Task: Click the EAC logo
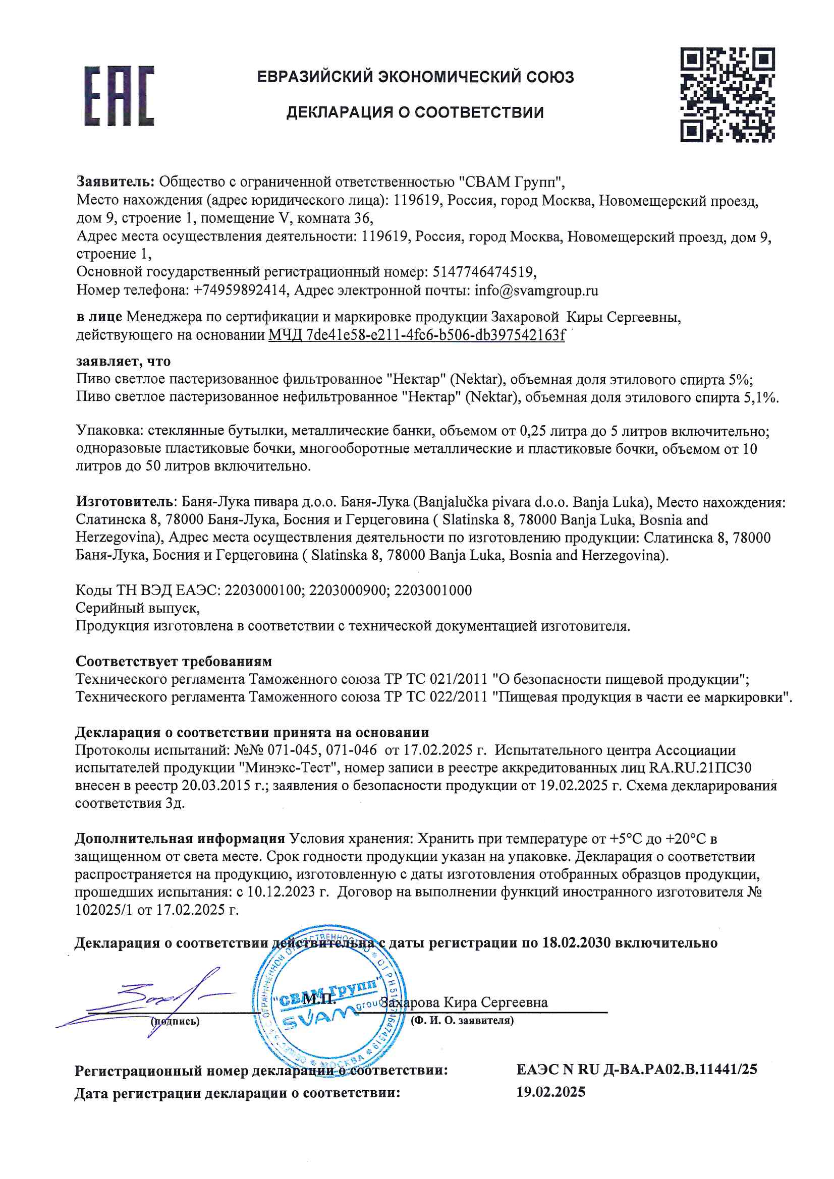pyautogui.click(x=119, y=96)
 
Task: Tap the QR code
pyautogui.click(x=727, y=95)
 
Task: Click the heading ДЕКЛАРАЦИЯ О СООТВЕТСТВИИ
pyautogui.click(x=415, y=112)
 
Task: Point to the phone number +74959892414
pyautogui.click(x=240, y=290)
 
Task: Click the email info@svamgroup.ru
pyautogui.click(x=536, y=290)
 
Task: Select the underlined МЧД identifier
pyautogui.click(x=416, y=335)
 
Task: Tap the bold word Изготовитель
pyautogui.click(x=124, y=501)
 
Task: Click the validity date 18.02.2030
pyautogui.click(x=576, y=943)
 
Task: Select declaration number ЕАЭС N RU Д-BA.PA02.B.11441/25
pyautogui.click(x=636, y=1069)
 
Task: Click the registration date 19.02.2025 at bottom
pyautogui.click(x=550, y=1092)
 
